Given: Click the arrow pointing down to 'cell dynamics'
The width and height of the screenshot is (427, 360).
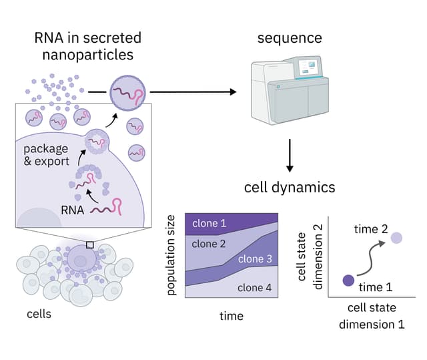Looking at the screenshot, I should coord(290,156).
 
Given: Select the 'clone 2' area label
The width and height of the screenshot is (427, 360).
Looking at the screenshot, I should coord(209,244).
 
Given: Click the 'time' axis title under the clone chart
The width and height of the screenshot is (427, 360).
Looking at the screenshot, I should coord(232,316).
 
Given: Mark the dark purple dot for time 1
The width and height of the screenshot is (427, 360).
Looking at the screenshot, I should coord(348,281).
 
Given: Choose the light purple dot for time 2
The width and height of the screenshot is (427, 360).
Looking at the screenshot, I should coord(396,237).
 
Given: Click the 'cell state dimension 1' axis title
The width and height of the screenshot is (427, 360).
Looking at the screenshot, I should coord(372,317).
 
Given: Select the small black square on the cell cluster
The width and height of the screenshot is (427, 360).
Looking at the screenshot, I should coord(90,244).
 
